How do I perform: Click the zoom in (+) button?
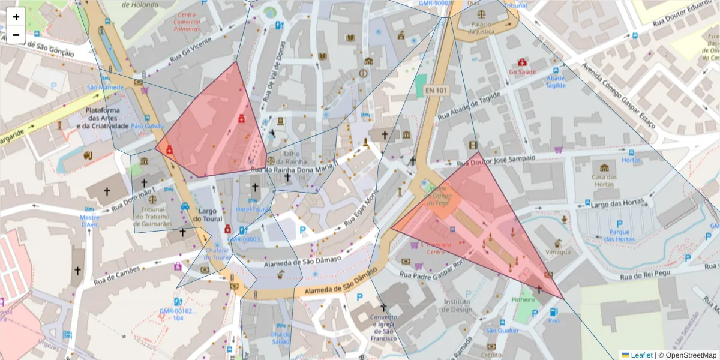tap(16, 17)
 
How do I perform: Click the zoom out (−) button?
tap(16, 34)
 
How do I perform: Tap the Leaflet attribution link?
tap(641, 355)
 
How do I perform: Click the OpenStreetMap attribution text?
tap(691, 355)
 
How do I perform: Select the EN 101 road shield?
tap(436, 91)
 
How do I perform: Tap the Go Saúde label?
tap(521, 71)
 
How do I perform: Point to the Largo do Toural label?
tap(208, 215)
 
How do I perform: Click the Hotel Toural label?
tap(254, 209)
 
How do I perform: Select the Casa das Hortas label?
tap(604, 181)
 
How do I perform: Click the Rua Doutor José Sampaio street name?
tap(496, 160)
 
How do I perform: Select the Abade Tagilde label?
tap(556, 82)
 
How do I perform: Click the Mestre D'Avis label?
tap(89, 221)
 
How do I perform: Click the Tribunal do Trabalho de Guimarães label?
tap(152, 216)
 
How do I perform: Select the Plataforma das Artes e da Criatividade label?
tap(107, 118)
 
